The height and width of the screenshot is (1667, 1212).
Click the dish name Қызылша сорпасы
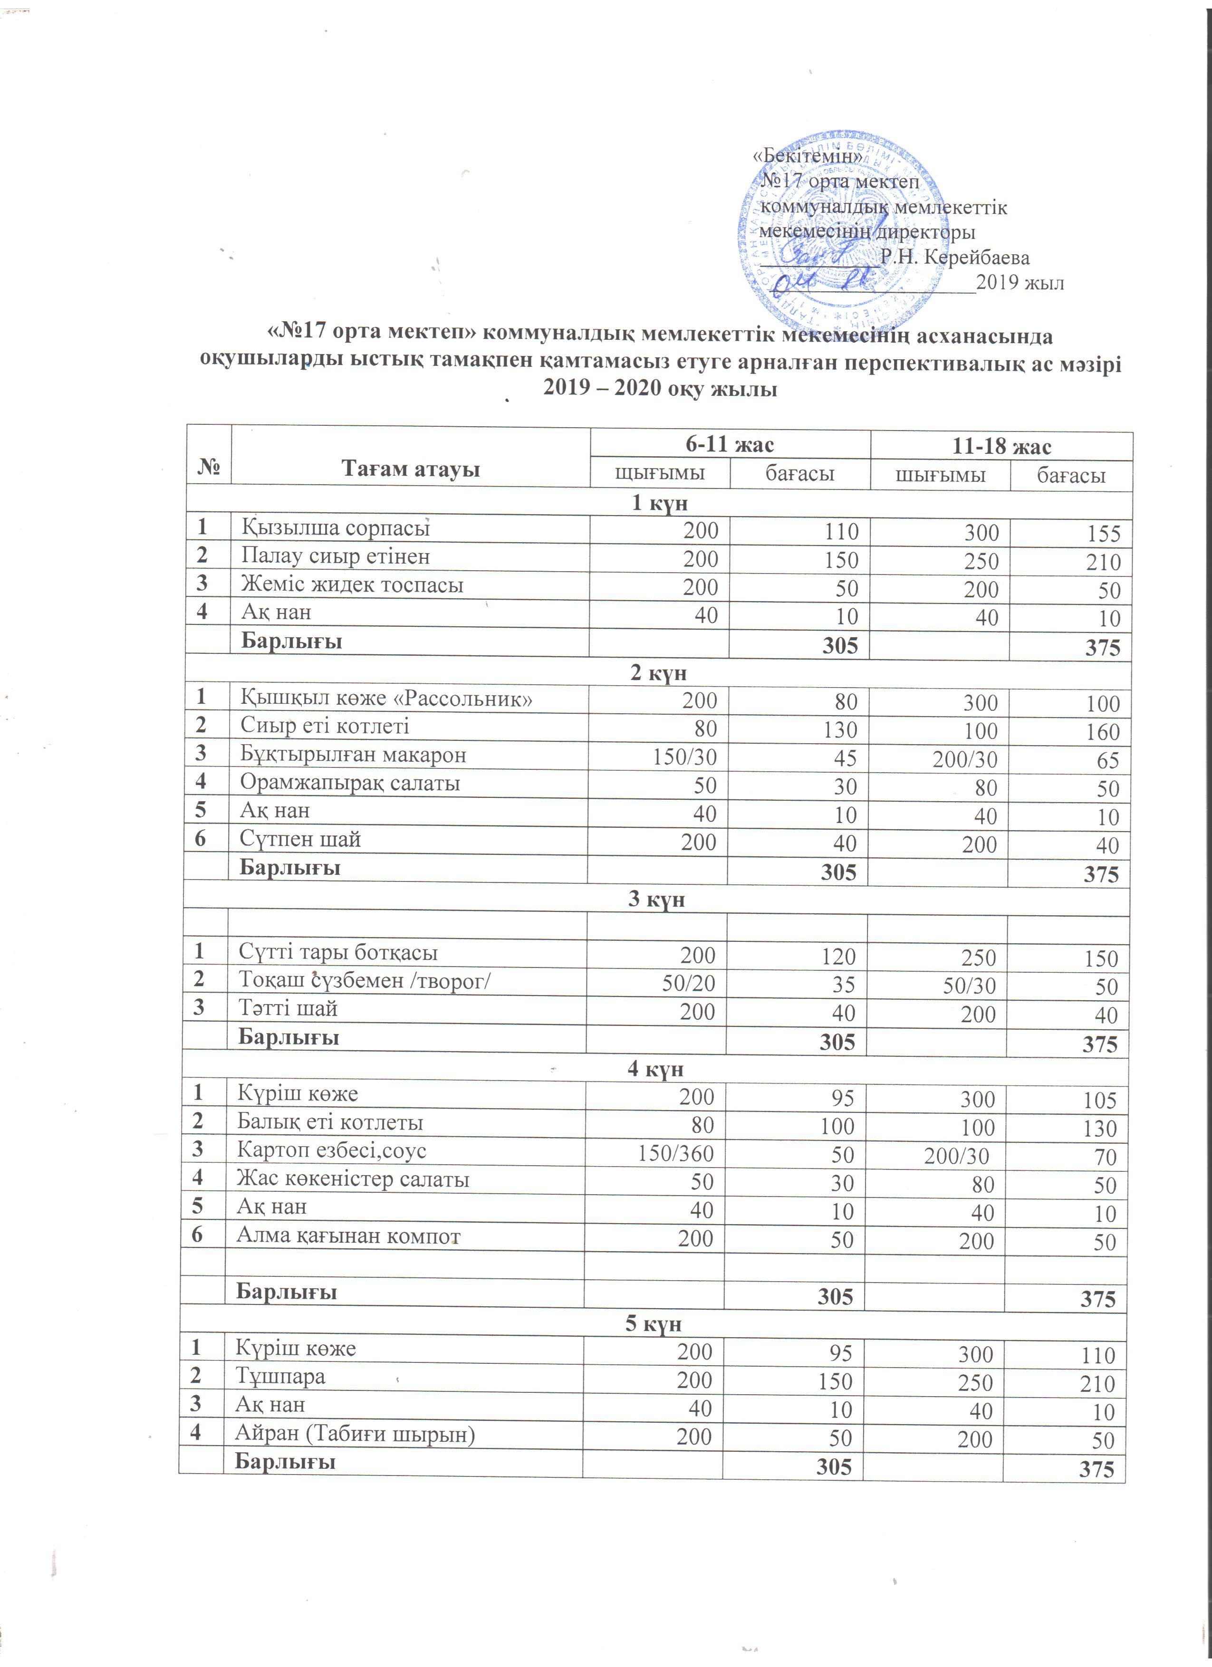tap(335, 528)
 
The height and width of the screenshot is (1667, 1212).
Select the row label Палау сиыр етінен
tap(335, 556)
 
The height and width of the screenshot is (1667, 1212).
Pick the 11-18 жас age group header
tap(1001, 446)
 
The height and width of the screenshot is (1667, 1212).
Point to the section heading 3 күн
tap(656, 899)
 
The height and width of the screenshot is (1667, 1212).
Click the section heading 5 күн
tap(653, 1324)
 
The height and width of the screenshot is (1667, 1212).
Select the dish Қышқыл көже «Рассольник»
tap(386, 698)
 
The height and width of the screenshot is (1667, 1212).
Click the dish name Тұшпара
tap(280, 1376)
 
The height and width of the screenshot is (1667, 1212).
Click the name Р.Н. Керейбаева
tap(955, 257)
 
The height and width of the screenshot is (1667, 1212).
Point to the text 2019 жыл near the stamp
tap(1020, 283)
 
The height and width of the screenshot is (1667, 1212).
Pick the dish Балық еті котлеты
tap(329, 1122)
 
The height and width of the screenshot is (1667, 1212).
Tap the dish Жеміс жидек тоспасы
tap(352, 585)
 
